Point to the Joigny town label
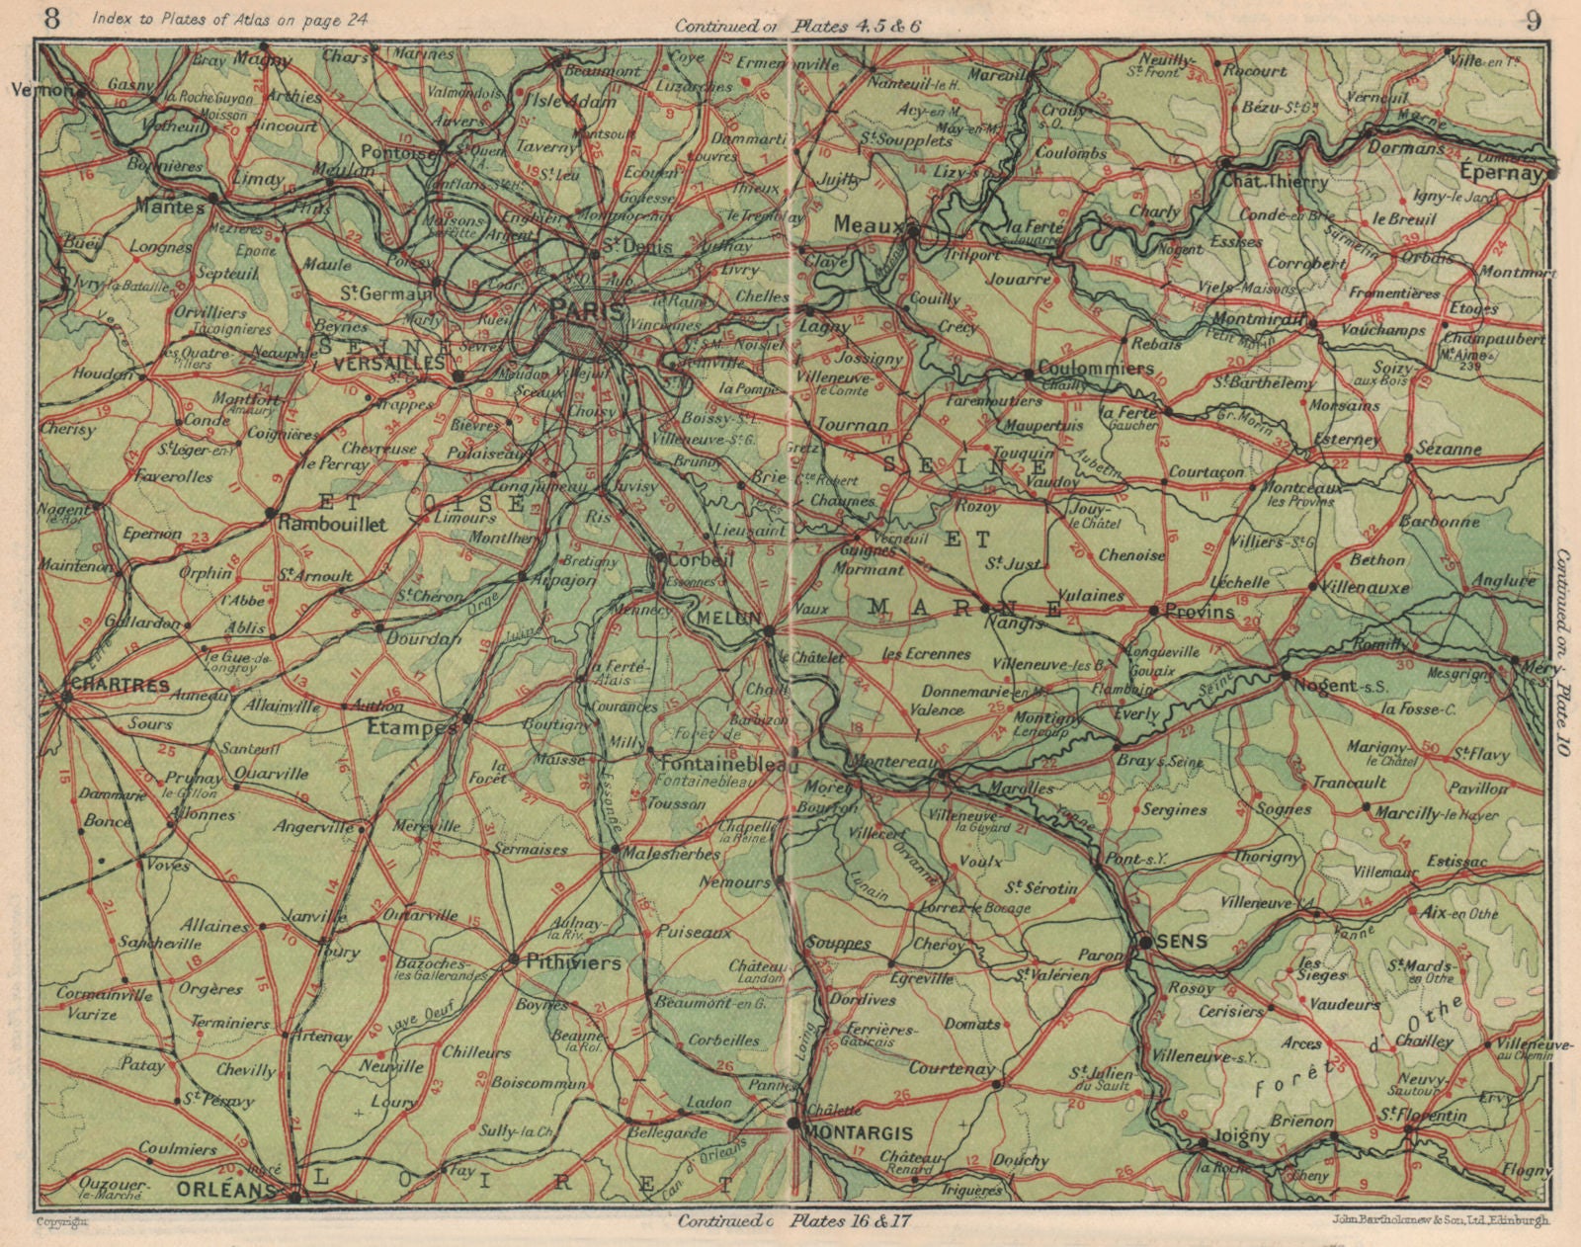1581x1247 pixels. click(x=1239, y=1136)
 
